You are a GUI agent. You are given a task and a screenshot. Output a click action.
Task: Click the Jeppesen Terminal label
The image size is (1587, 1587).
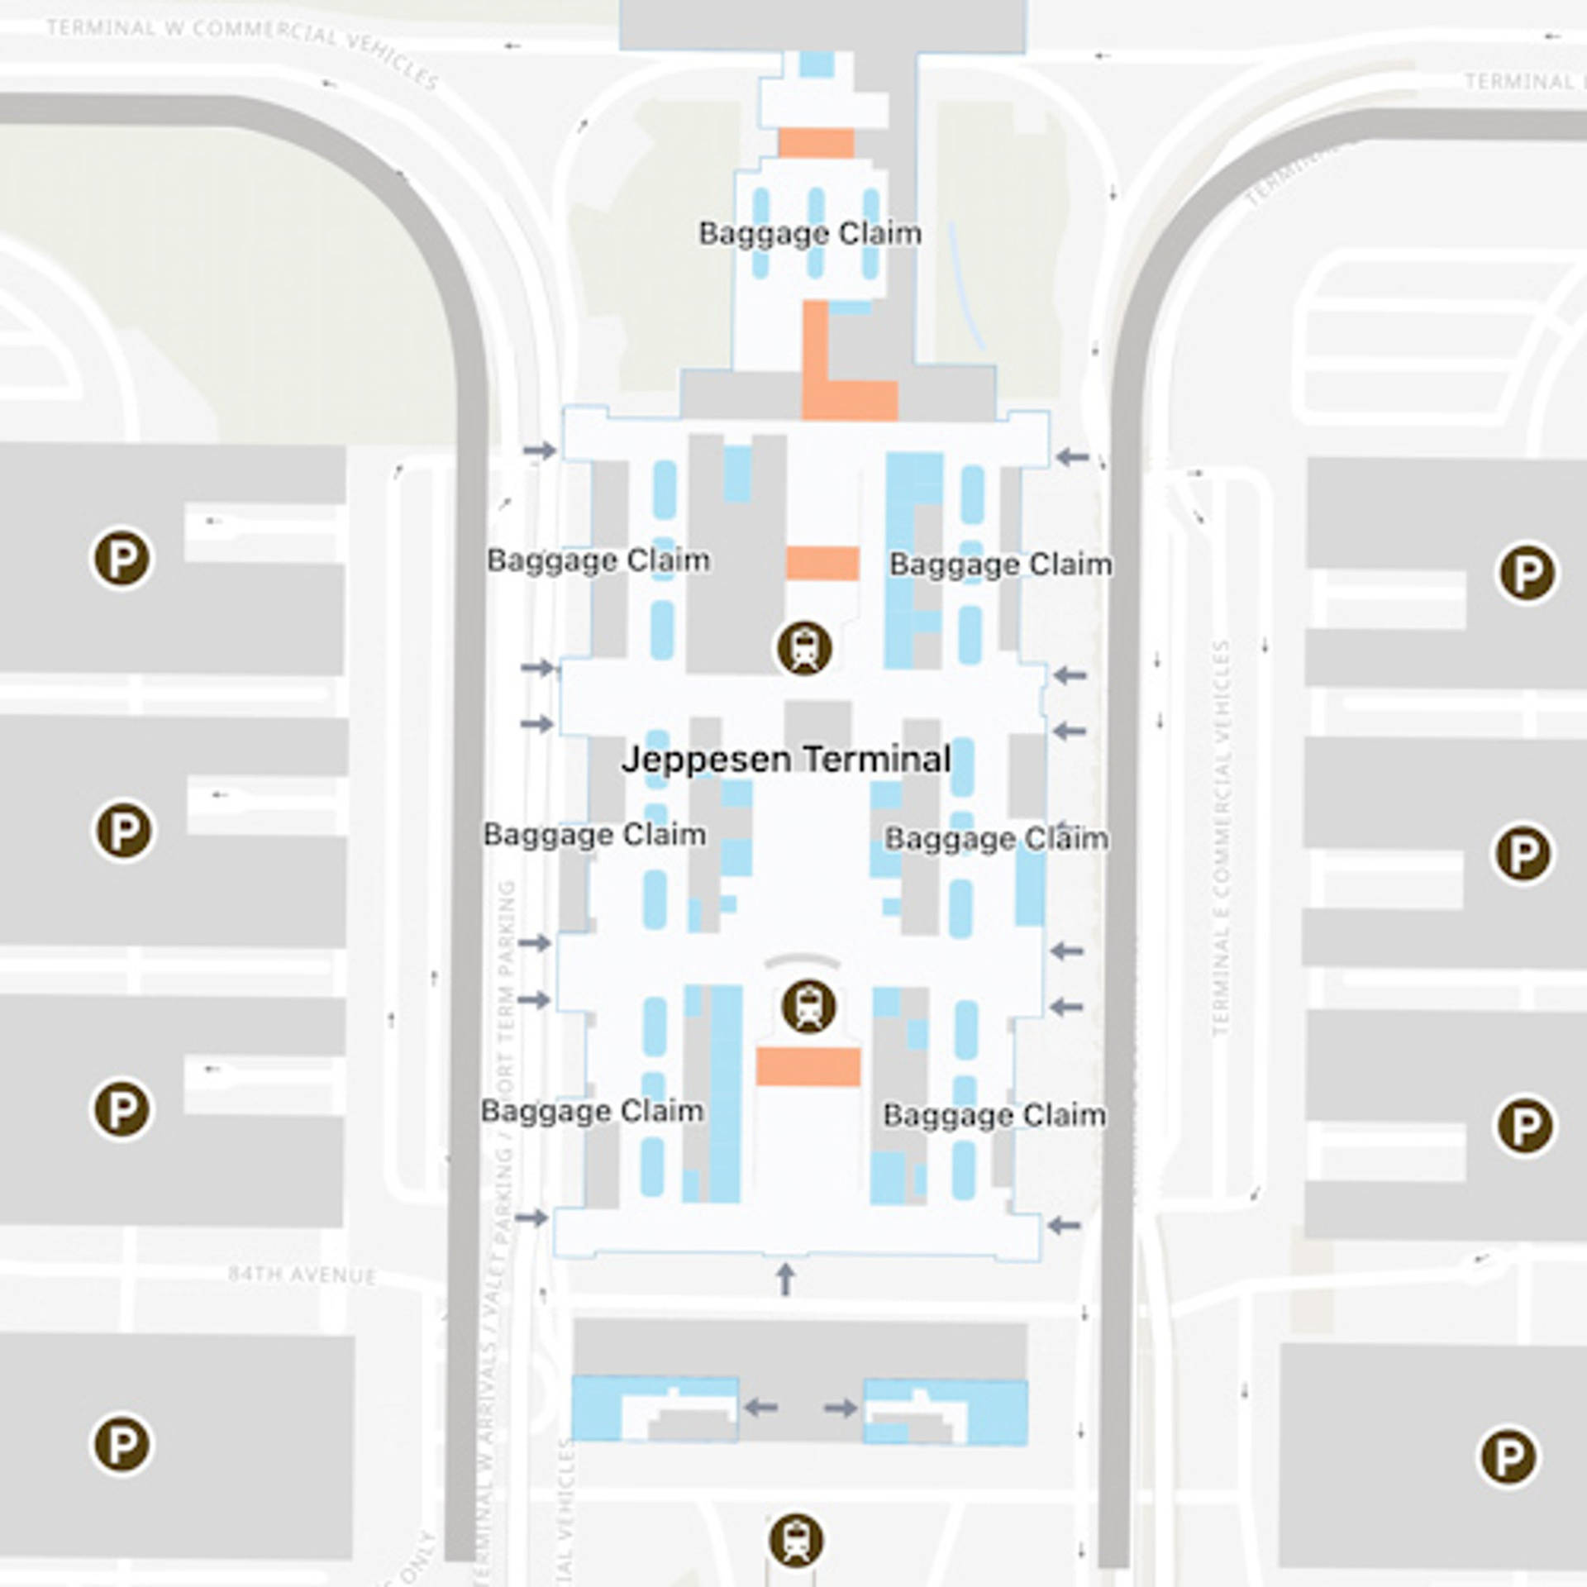[786, 759]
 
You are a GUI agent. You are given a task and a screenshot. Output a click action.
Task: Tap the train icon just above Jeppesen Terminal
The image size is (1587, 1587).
[803, 647]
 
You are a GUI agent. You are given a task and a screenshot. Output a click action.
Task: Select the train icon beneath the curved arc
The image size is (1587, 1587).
[808, 1006]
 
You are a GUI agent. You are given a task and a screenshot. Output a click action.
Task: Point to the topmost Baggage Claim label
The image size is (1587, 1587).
[810, 233]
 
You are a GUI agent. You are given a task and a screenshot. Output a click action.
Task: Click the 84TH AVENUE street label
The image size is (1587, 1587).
[302, 1275]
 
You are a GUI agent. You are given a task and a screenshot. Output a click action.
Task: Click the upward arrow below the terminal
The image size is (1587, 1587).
[785, 1279]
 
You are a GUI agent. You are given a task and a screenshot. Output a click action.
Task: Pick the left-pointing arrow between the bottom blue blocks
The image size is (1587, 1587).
[760, 1406]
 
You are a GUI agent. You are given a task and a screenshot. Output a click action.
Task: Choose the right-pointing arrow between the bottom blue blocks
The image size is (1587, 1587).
[841, 1407]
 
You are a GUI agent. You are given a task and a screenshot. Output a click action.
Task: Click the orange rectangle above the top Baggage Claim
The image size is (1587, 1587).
[816, 143]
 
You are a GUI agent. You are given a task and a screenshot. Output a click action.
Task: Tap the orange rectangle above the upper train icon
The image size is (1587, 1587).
[822, 563]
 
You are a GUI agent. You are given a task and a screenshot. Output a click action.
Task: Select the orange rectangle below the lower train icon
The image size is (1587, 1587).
[808, 1066]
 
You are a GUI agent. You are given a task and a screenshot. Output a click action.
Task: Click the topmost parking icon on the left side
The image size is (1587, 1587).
[122, 559]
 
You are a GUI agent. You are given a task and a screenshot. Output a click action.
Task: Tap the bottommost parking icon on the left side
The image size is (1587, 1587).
[122, 1444]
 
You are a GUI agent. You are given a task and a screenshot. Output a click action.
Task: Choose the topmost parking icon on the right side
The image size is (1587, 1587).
[1527, 572]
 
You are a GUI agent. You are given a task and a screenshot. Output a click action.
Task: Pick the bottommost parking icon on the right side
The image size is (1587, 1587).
[1508, 1456]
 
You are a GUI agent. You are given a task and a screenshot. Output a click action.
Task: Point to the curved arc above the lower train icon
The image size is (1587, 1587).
[802, 960]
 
